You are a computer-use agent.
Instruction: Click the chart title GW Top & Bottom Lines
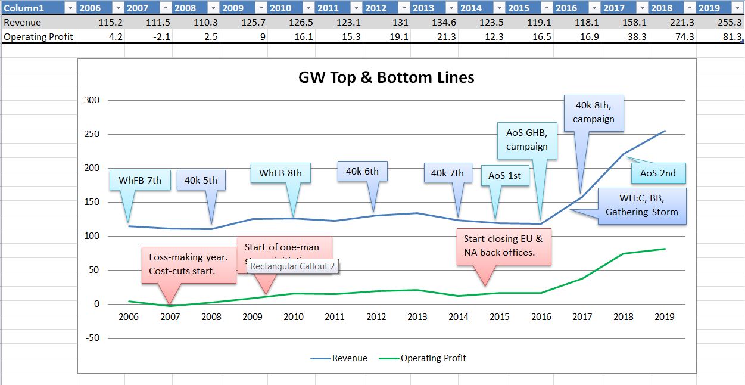[386, 77]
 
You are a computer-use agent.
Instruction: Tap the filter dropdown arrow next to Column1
[69, 8]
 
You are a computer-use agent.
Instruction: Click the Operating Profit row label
[38, 36]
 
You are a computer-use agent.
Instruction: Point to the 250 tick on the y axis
[91, 134]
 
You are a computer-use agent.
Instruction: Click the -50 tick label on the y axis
[91, 338]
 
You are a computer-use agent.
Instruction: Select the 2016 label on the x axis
[541, 316]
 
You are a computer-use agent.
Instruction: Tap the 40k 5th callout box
[201, 180]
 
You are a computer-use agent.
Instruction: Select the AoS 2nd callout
[657, 173]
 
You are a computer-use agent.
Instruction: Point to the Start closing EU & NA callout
[503, 246]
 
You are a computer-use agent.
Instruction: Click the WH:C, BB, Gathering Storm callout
[641, 206]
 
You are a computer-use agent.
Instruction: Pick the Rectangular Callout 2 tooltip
[292, 266]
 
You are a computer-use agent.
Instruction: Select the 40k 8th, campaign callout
[593, 112]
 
